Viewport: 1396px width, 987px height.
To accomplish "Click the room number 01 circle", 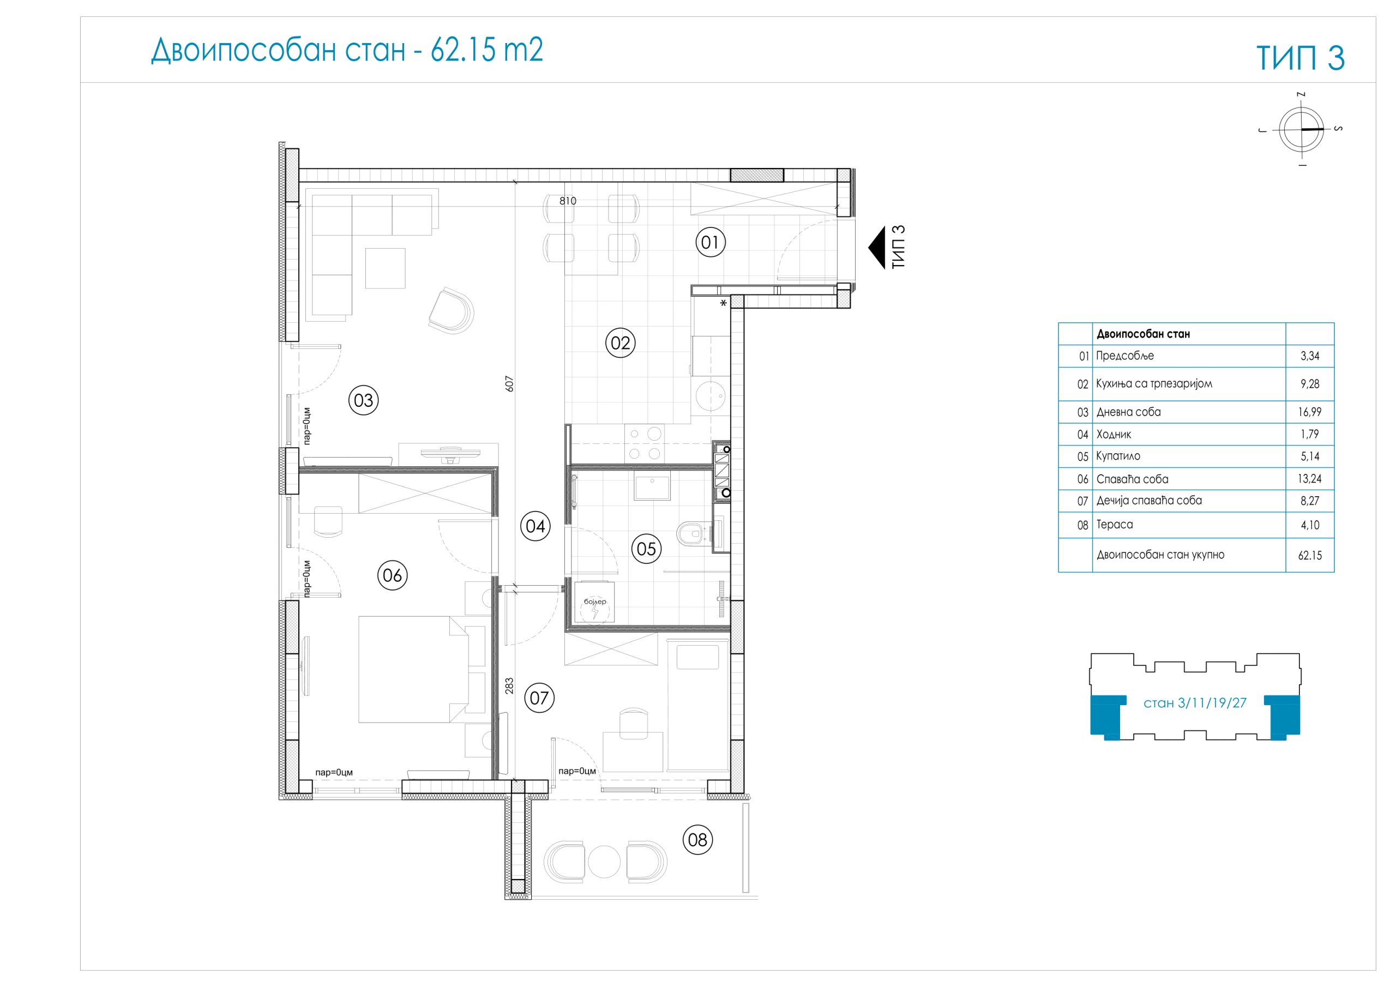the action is pyautogui.click(x=709, y=242).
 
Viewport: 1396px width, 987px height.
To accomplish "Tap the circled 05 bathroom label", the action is pyautogui.click(x=646, y=549).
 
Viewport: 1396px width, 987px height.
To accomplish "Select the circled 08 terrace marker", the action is pyautogui.click(x=697, y=840).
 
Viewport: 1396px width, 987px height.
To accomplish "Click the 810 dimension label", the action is pyautogui.click(x=567, y=201).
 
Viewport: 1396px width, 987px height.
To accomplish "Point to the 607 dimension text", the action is pyautogui.click(x=509, y=383).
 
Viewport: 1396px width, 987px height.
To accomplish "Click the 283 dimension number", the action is pyautogui.click(x=509, y=686).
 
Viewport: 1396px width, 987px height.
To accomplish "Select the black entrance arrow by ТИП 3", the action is pyautogui.click(x=876, y=248).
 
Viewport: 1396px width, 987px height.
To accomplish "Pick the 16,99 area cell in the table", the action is pyautogui.click(x=1310, y=412).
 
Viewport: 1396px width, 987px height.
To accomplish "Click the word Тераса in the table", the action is pyautogui.click(x=1115, y=524).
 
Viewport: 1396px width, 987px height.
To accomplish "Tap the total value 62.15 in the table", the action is pyautogui.click(x=1310, y=555).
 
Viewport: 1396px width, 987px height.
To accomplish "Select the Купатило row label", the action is pyautogui.click(x=1118, y=456).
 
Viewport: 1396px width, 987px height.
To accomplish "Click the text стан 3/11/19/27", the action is pyautogui.click(x=1195, y=703).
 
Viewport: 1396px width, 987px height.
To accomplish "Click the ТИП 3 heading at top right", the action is pyautogui.click(x=1301, y=58).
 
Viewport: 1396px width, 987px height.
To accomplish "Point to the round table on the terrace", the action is pyautogui.click(x=604, y=862).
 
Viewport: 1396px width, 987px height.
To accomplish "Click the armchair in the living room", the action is pyautogui.click(x=451, y=311).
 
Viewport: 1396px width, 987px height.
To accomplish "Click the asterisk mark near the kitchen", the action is pyautogui.click(x=723, y=303).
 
